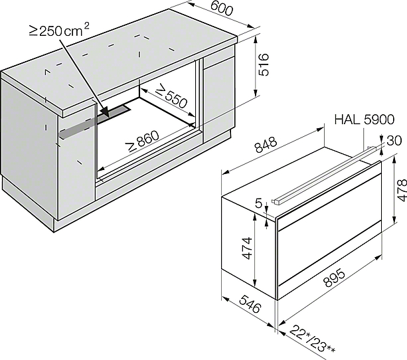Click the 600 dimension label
tap(221, 9)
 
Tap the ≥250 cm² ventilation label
tap(59, 29)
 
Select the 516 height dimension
tap(264, 64)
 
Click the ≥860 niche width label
tap(141, 141)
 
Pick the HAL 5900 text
tap(364, 120)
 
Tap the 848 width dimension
tap(266, 145)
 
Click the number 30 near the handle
tap(394, 141)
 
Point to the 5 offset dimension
tap(258, 203)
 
